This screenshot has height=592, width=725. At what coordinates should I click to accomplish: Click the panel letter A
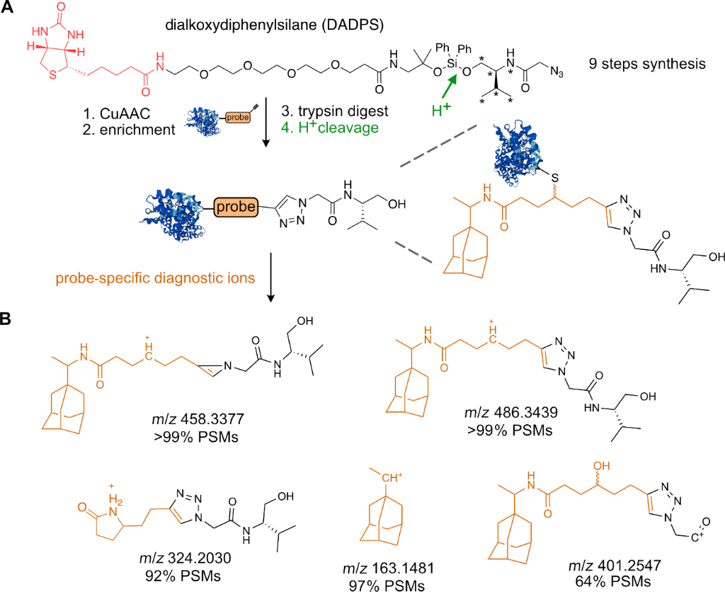click(10, 10)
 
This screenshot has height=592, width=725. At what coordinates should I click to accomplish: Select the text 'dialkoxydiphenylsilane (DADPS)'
click(274, 26)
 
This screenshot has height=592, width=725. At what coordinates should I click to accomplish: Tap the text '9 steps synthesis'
click(646, 64)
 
